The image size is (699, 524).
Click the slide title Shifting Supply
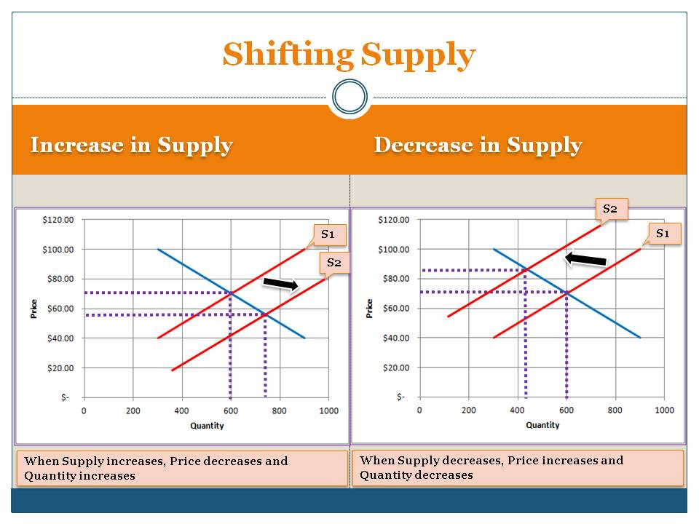coord(349,55)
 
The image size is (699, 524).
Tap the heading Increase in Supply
coord(131,145)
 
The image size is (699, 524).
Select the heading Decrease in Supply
coord(478,145)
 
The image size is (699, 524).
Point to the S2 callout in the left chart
coord(333,262)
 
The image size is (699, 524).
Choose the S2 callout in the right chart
coord(610,209)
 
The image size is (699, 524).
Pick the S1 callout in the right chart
coord(664,234)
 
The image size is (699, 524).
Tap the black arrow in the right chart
coord(586,258)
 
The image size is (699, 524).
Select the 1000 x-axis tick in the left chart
coord(328,410)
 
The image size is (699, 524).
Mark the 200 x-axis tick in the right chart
coord(469,410)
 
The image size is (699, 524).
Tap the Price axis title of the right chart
coord(369,308)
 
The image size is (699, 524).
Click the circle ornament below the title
coord(349,97)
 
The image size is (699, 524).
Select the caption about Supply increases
coord(182,468)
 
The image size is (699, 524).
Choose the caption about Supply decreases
coord(518,467)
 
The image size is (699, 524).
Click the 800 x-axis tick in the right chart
coord(616,410)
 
